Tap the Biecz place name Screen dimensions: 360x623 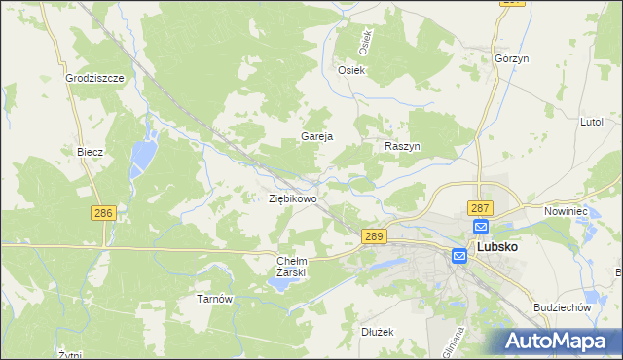[x=90, y=153]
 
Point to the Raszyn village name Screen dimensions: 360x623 [x=401, y=145]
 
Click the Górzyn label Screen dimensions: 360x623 [x=511, y=58]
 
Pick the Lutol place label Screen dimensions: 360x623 [x=593, y=122]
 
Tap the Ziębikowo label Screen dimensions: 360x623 [x=292, y=198]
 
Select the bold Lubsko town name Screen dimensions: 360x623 [x=496, y=247]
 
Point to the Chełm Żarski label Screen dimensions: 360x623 [x=292, y=267]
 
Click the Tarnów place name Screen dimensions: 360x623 [x=213, y=299]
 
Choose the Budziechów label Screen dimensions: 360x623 [x=563, y=307]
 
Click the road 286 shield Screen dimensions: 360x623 [x=102, y=212]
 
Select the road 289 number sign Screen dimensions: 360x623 [x=375, y=236]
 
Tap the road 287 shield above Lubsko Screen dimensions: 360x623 [x=480, y=208]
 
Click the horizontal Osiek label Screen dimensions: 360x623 [x=350, y=70]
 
